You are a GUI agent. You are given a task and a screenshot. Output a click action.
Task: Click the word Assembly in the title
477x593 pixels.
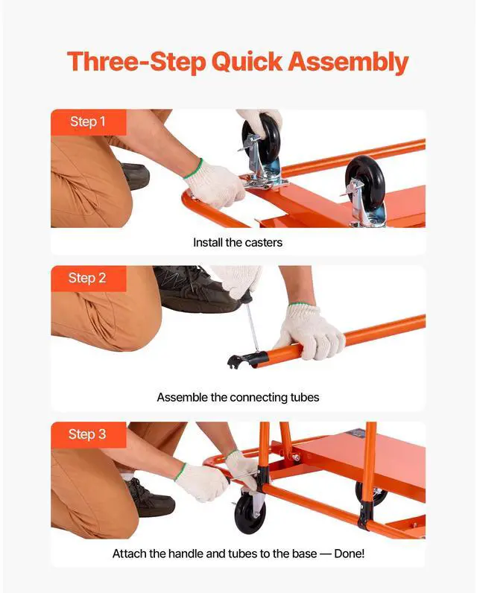[348, 62]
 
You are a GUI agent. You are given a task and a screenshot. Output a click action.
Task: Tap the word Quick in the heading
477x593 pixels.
[247, 62]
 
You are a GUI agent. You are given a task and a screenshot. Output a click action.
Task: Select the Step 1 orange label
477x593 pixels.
[89, 122]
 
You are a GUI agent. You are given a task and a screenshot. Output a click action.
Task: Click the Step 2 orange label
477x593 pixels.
[89, 279]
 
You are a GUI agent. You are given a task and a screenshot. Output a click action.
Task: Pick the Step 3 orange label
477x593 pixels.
[89, 434]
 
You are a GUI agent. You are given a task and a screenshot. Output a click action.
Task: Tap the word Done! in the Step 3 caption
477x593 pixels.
[349, 554]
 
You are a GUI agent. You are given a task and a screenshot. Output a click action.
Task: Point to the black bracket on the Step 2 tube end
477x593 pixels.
[247, 359]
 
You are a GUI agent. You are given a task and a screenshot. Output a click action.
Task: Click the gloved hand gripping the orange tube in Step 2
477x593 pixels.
[309, 332]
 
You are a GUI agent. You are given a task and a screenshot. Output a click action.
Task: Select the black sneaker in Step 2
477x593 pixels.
[198, 289]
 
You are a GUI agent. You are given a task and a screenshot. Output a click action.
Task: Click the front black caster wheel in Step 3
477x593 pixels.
[250, 513]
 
